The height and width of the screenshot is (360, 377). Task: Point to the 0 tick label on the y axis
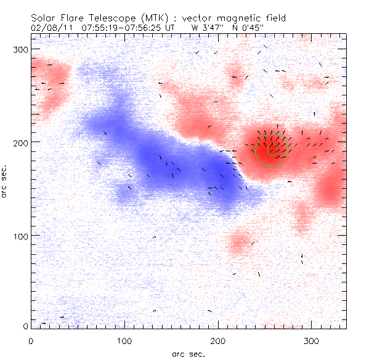click(x=25, y=326)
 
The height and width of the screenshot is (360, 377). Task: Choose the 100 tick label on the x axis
click(x=124, y=340)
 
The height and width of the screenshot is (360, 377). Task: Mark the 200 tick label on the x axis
click(x=218, y=340)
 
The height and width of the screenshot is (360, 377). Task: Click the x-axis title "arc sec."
click(x=188, y=353)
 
